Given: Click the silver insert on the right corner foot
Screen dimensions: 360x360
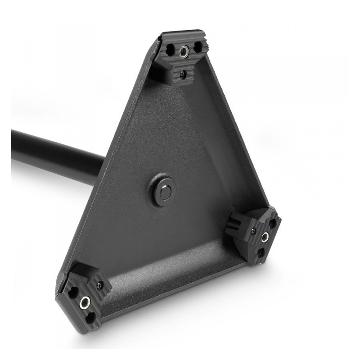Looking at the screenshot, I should [x=266, y=235].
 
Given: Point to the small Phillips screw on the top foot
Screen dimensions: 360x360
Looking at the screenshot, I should [x=181, y=73].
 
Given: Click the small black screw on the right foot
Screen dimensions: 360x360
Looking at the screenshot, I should [x=254, y=230].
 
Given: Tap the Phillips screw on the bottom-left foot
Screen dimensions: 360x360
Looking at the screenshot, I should [x=98, y=287].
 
